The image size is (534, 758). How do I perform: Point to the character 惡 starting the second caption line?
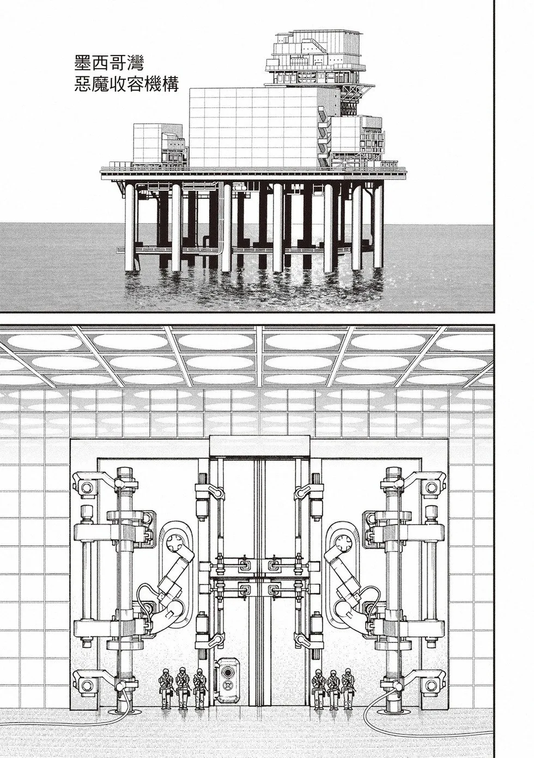(83, 85)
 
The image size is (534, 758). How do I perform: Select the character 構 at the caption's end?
(170, 85)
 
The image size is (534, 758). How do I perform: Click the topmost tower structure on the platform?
(316, 57)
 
